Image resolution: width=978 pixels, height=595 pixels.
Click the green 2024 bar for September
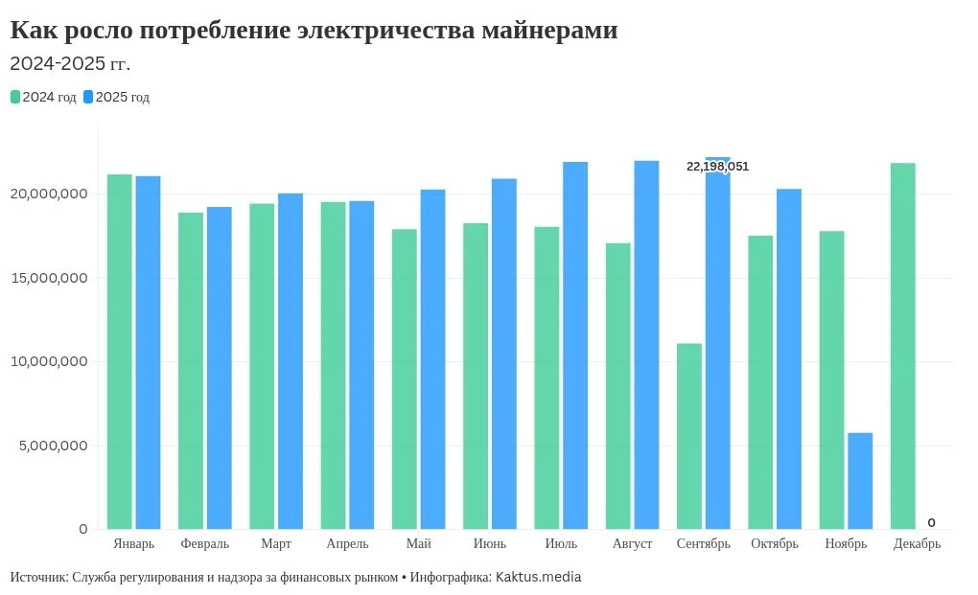(689, 436)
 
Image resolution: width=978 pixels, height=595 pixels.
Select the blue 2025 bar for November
(860, 481)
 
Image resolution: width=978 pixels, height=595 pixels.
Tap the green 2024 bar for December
(903, 346)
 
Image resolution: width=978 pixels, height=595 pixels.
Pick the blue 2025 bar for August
(646, 345)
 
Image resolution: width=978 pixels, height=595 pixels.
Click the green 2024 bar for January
(120, 352)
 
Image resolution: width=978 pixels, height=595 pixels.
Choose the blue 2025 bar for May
(432, 359)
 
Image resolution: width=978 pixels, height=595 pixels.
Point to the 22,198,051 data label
(717, 167)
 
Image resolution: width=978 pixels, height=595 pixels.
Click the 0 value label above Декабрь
(931, 522)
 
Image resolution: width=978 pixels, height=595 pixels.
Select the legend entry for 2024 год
(43, 97)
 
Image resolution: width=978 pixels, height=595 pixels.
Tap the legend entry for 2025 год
(116, 97)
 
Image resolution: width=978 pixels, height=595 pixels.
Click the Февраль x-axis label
(205, 544)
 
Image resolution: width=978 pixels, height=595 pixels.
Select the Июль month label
(561, 544)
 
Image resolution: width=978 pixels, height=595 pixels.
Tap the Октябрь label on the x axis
(775, 544)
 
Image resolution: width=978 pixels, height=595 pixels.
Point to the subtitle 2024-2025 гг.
(70, 64)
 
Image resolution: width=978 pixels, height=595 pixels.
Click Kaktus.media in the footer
(538, 578)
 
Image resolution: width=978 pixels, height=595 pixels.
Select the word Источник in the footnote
(37, 578)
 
